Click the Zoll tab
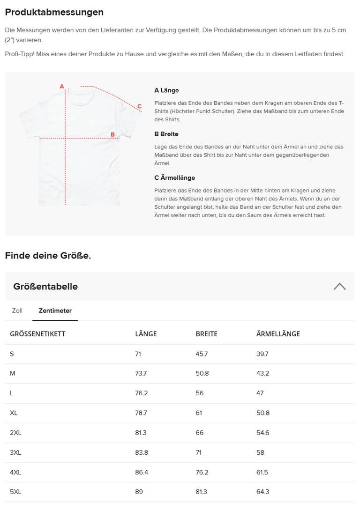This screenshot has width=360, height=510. pyautogui.click(x=17, y=310)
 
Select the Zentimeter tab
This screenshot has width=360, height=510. pyautogui.click(x=55, y=310)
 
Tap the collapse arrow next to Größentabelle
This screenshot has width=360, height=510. pyautogui.click(x=339, y=286)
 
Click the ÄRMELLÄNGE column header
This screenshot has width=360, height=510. pyautogui.click(x=278, y=334)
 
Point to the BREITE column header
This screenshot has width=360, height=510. pyautogui.click(x=206, y=334)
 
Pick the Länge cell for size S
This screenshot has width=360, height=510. pyautogui.click(x=138, y=354)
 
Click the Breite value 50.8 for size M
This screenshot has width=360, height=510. pyautogui.click(x=202, y=374)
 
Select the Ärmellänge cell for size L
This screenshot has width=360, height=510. pyautogui.click(x=260, y=393)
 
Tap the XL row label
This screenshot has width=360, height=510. pyautogui.click(x=14, y=413)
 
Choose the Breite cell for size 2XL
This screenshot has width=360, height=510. pyautogui.click(x=200, y=433)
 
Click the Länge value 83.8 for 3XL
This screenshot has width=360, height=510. pyautogui.click(x=142, y=452)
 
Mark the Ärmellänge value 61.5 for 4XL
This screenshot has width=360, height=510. pyautogui.click(x=262, y=472)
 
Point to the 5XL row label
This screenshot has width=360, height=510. pyautogui.click(x=15, y=492)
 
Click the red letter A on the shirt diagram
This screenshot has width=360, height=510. pyautogui.click(x=61, y=86)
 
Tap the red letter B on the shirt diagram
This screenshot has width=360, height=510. pyautogui.click(x=112, y=134)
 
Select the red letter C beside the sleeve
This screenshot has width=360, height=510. pyautogui.click(x=139, y=106)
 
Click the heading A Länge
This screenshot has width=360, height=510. pyautogui.click(x=166, y=90)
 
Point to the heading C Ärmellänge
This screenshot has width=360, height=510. pyautogui.click(x=174, y=178)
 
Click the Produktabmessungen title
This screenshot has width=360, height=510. pyautogui.click(x=54, y=12)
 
